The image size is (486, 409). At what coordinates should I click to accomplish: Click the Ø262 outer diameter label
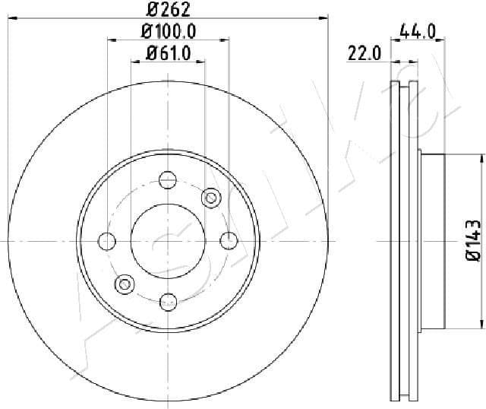pyautogui.click(x=167, y=10)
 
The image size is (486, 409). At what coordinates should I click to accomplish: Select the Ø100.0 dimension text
pyautogui.click(x=169, y=31)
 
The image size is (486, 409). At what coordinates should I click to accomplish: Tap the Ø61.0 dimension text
pyautogui.click(x=167, y=53)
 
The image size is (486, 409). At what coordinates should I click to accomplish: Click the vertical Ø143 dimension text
pyautogui.click(x=472, y=241)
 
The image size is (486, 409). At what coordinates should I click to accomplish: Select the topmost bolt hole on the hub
pyautogui.click(x=168, y=180)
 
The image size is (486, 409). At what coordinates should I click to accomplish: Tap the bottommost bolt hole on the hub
pyautogui.click(x=168, y=302)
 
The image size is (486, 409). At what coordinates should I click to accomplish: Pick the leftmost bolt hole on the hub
pyautogui.click(x=108, y=241)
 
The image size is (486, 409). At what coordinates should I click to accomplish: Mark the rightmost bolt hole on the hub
pyautogui.click(x=228, y=241)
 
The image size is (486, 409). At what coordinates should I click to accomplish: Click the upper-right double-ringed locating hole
pyautogui.click(x=210, y=198)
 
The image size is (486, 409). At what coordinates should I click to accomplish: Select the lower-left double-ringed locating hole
pyautogui.click(x=124, y=284)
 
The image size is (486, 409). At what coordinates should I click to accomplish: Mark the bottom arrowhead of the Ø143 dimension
pyautogui.click(x=481, y=323)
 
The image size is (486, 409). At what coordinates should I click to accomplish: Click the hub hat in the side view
pyautogui.click(x=431, y=241)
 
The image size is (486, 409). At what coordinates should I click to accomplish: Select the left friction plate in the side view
pyautogui.click(x=394, y=241)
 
